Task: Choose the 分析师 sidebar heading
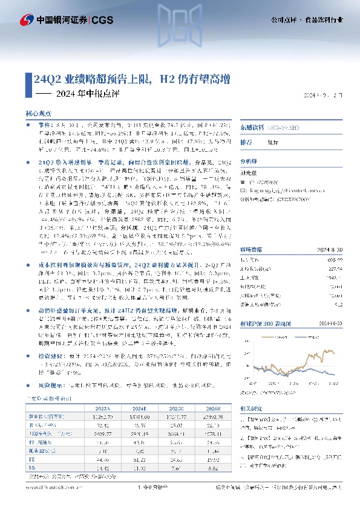pos(249,163)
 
